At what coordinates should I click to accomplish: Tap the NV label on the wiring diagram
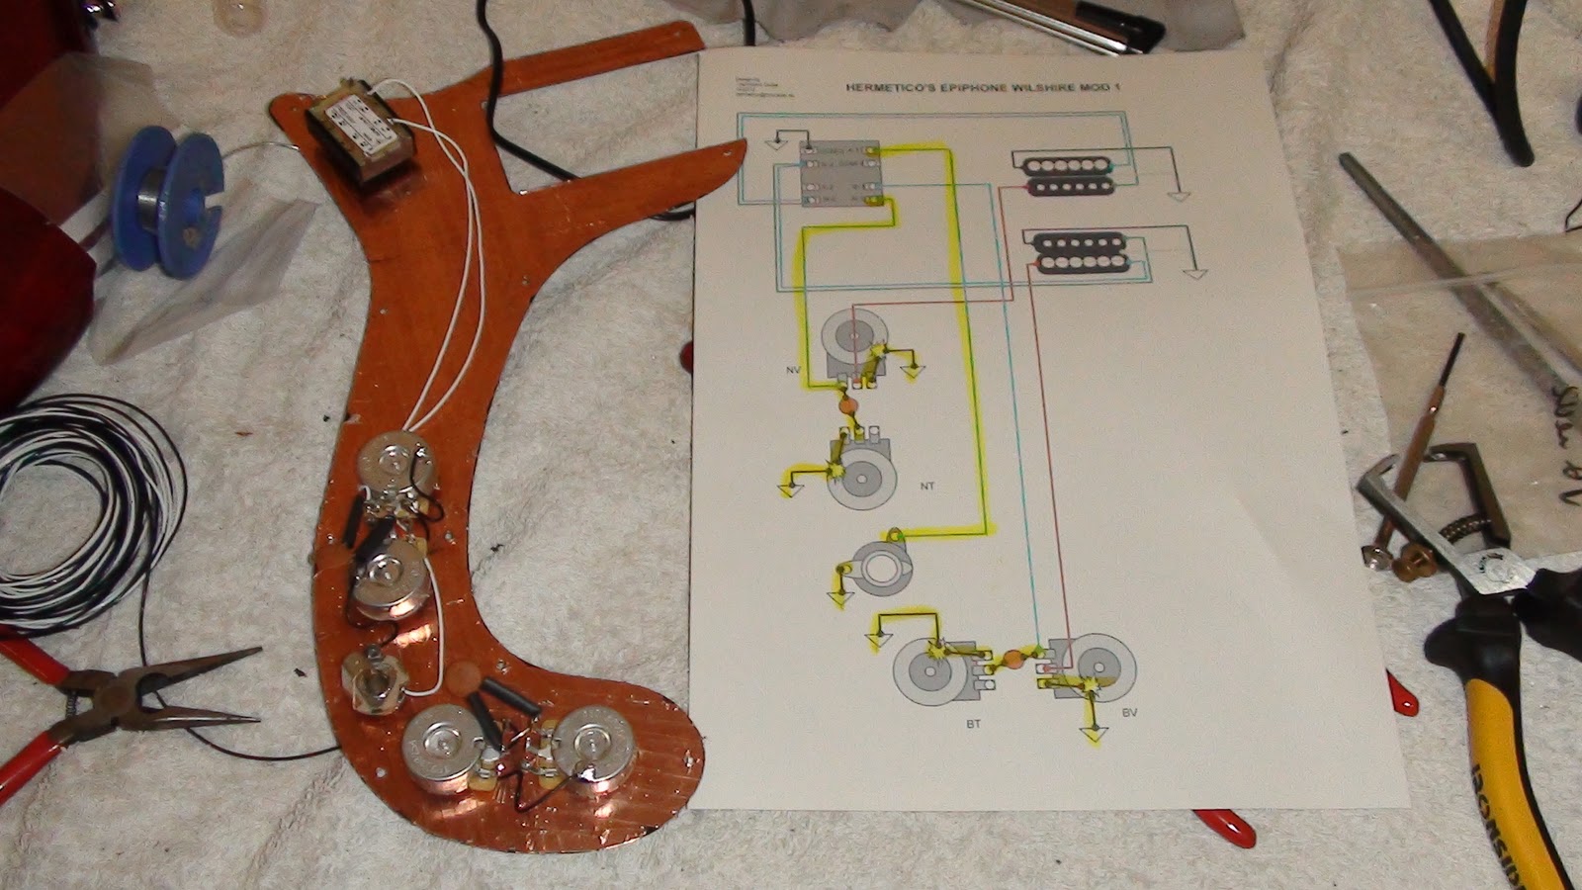point(793,370)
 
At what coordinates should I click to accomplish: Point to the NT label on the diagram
point(926,487)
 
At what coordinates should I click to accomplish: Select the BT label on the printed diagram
point(973,724)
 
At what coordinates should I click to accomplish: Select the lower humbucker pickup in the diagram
point(1078,251)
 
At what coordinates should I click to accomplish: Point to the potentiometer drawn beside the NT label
point(860,475)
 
